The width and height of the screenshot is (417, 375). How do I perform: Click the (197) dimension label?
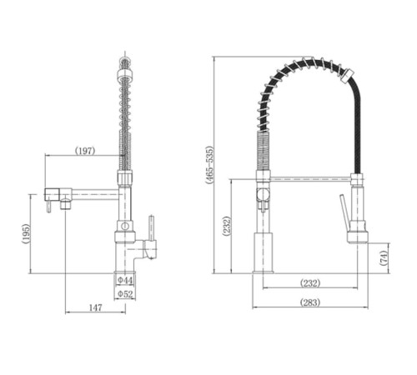click(85, 151)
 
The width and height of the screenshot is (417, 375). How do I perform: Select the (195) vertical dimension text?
click(26, 234)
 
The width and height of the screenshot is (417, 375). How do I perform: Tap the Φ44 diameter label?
click(125, 280)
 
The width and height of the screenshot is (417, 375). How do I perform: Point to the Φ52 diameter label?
click(125, 293)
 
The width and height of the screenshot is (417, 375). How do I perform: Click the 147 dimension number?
click(95, 307)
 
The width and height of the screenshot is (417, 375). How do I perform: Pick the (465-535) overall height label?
click(209, 165)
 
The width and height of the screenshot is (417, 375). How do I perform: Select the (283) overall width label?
click(310, 302)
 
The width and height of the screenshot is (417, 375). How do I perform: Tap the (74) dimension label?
click(384, 258)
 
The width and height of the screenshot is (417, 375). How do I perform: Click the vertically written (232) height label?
click(227, 227)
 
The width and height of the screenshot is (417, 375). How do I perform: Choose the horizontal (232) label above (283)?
click(310, 283)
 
